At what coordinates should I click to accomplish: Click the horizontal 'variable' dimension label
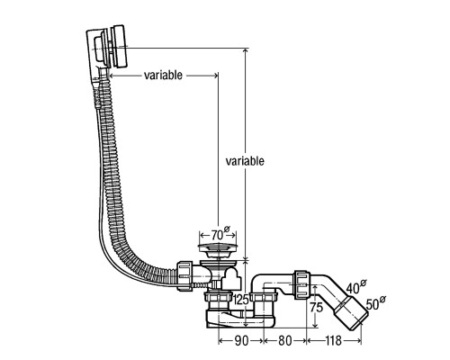click(x=163, y=75)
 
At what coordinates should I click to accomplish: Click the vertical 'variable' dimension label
click(x=245, y=161)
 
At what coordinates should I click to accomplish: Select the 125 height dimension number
click(x=241, y=300)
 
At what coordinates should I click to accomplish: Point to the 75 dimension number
click(x=316, y=308)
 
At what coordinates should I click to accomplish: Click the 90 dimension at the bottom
click(x=241, y=341)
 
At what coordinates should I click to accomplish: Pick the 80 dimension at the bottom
click(x=284, y=341)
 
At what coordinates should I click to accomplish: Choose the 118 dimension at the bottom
click(x=333, y=341)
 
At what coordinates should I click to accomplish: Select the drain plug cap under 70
click(x=218, y=247)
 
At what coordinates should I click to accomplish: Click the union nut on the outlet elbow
click(x=301, y=284)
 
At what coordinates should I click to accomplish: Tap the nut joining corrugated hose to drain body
click(x=184, y=275)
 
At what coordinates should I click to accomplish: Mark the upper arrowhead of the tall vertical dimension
click(x=246, y=51)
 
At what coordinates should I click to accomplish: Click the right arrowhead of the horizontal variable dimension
click(x=215, y=76)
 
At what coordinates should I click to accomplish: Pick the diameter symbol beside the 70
click(x=227, y=229)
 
